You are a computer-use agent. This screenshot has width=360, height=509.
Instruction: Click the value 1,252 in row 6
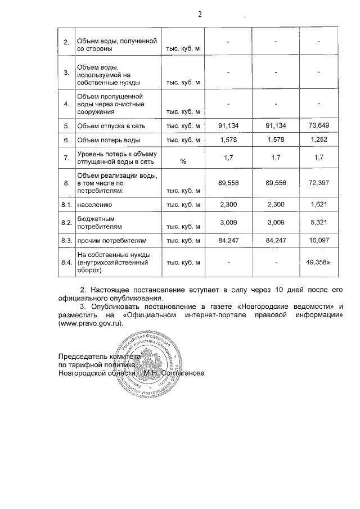[x=318, y=139]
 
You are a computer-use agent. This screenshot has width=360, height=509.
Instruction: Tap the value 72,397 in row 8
[x=318, y=182]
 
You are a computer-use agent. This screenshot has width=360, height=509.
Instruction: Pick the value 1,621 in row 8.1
[x=318, y=206]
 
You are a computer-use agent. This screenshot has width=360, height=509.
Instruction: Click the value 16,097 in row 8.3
[x=318, y=241]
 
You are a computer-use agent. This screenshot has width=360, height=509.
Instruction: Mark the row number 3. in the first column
[x=66, y=73]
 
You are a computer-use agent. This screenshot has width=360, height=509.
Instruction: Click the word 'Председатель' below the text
[x=82, y=357]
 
